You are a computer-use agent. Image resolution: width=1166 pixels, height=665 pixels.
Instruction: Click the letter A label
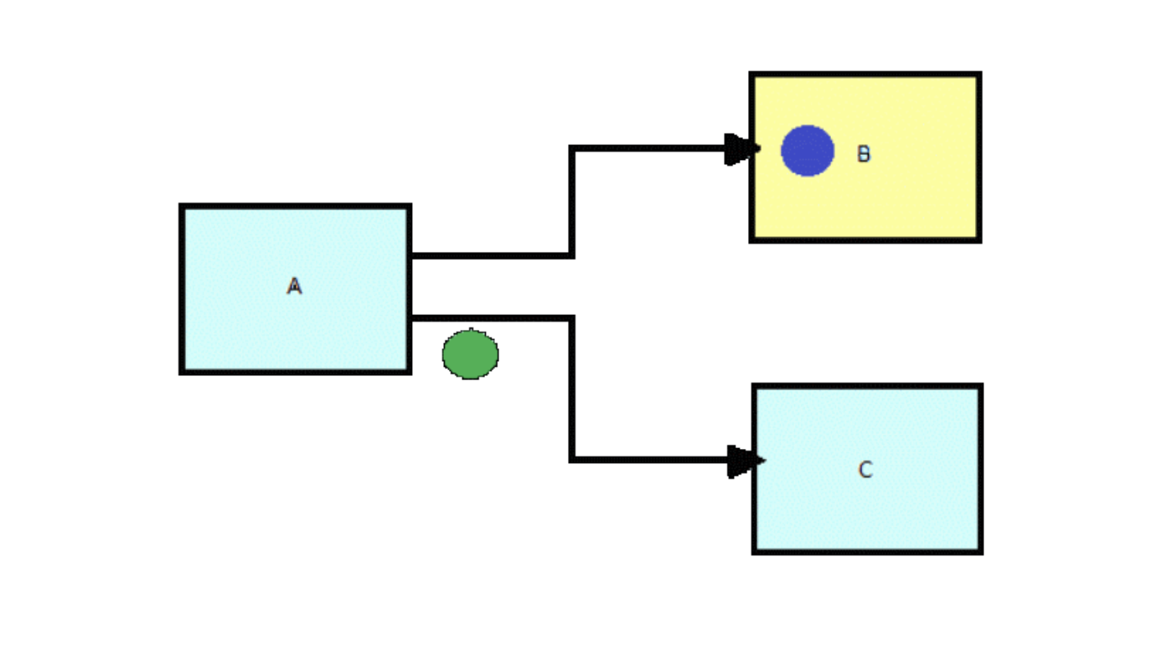point(294,287)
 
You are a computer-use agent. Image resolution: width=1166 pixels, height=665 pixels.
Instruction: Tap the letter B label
point(864,154)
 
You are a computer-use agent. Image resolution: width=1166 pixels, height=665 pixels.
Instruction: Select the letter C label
point(865,470)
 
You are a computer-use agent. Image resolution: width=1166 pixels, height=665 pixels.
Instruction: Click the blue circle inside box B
point(807,151)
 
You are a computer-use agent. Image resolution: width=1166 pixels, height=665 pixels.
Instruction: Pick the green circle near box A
point(471,354)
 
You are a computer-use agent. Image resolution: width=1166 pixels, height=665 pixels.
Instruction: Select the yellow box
point(905,201)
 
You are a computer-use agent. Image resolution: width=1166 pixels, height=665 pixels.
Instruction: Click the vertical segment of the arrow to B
point(571,202)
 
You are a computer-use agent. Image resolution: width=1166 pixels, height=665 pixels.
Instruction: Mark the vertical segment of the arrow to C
point(572,389)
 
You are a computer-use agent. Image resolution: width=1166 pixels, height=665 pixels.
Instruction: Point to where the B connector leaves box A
point(412,255)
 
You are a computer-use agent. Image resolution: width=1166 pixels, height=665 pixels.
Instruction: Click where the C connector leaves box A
point(412,317)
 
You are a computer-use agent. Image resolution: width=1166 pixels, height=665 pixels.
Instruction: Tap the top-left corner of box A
point(182,206)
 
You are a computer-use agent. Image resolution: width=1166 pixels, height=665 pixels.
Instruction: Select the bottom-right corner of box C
point(980,551)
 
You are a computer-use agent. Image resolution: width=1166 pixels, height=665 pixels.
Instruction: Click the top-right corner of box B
point(978,75)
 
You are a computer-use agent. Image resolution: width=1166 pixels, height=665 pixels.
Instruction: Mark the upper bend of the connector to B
point(571,149)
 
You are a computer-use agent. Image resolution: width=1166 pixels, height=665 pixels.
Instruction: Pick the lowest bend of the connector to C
point(572,459)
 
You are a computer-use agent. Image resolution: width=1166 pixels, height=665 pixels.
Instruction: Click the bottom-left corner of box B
point(752,240)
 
